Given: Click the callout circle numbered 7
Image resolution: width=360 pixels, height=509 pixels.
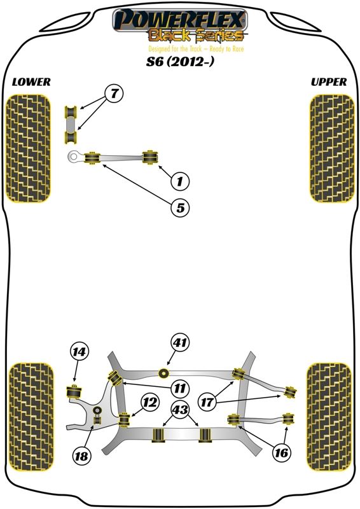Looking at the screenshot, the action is [x=114, y=94].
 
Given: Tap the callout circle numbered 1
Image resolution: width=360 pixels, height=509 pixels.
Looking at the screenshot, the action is [x=180, y=181].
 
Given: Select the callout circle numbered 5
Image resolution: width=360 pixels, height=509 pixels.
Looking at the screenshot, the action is [x=180, y=207].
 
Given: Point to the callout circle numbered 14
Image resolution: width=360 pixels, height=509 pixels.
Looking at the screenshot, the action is [x=79, y=352].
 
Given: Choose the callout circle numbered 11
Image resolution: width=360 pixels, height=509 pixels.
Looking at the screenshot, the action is [x=179, y=387].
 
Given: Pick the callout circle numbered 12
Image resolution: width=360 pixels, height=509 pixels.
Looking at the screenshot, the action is [x=150, y=403].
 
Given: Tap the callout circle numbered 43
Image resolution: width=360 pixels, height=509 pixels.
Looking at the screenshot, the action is [x=180, y=410].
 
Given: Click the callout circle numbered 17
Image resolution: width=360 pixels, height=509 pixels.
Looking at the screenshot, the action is [x=207, y=403].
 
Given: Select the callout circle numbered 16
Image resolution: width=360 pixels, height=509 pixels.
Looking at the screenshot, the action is [x=281, y=452].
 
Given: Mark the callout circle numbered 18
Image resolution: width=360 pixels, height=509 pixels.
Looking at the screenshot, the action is [x=81, y=456].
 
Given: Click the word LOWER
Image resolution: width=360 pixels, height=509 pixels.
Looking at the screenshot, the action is [x=31, y=82].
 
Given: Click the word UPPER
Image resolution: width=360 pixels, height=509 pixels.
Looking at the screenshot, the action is [x=329, y=82].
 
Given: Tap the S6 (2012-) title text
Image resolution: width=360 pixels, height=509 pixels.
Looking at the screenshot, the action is [x=180, y=61].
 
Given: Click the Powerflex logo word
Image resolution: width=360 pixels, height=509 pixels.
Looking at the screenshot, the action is [x=180, y=20].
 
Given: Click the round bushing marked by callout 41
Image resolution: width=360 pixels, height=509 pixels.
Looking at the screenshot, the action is [x=164, y=373].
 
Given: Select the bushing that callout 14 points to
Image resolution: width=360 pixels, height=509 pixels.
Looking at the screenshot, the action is [x=74, y=392].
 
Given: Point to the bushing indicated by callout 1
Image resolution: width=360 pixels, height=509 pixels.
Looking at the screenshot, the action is [x=150, y=157].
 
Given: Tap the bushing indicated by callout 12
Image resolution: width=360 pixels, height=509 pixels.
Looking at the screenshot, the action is [x=124, y=420].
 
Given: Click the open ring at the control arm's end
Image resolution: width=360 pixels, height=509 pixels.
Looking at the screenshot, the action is [x=74, y=157].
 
